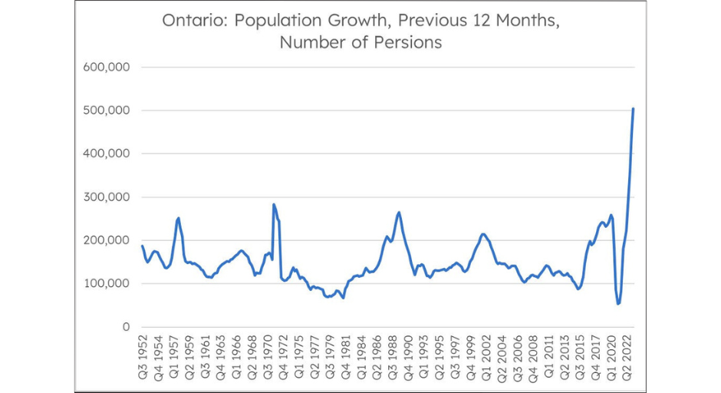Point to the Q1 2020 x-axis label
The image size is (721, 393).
[x=611, y=358]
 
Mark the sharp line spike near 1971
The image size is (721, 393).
[x=274, y=205]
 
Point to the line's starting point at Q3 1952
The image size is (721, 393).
[x=142, y=246]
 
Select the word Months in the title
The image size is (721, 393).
[x=525, y=21]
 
